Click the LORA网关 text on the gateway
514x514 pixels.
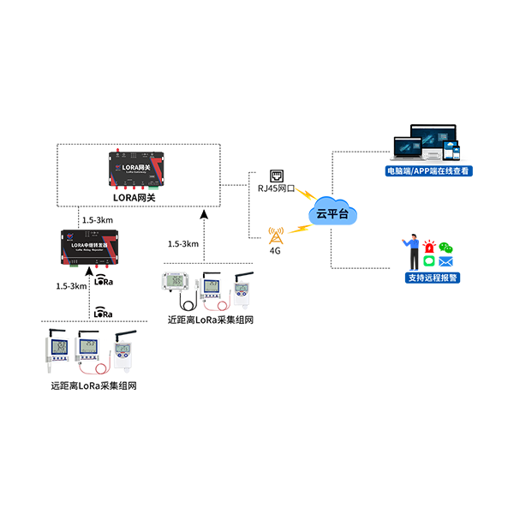click(137, 160)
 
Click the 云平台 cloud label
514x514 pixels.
click(332, 213)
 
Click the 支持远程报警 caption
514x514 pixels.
click(433, 278)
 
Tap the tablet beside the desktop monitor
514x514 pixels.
click(457, 151)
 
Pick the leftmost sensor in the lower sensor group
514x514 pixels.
click(59, 351)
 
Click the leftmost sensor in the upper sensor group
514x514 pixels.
click(176, 284)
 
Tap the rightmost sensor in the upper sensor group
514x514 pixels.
click(241, 289)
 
